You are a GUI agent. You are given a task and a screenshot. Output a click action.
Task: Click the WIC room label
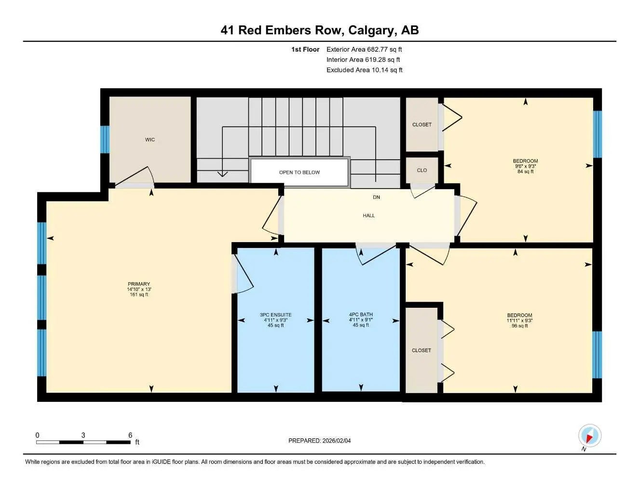[150, 140]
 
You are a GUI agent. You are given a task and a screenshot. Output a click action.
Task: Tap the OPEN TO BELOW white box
[299, 172]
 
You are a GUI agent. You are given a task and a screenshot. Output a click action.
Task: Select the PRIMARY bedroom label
[139, 284]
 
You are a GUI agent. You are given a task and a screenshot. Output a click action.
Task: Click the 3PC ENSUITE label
[275, 315]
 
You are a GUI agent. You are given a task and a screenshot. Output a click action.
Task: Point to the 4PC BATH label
[361, 315]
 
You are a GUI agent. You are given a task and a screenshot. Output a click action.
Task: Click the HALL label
[368, 216]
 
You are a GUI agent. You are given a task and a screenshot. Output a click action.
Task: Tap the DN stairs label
[376, 197]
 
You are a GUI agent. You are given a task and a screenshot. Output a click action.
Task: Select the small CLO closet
[421, 170]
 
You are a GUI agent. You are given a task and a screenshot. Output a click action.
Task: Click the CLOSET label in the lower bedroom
[421, 350]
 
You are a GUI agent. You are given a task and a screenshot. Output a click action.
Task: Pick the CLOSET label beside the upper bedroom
[421, 124]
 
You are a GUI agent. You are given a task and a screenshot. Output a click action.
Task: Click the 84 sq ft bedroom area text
[525, 172]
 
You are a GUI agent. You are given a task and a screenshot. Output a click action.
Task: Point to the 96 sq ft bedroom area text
[519, 326]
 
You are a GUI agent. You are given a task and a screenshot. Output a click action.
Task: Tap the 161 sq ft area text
[139, 295]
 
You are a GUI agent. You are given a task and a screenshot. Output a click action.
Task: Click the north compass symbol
[589, 436]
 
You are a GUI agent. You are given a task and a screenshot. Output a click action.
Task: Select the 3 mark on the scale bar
[83, 436]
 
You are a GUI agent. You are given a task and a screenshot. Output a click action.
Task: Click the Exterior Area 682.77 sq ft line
[364, 49]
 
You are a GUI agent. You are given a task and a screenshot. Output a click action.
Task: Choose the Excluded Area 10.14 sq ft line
[364, 70]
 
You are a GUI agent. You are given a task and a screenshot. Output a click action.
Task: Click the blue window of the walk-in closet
[105, 139]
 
